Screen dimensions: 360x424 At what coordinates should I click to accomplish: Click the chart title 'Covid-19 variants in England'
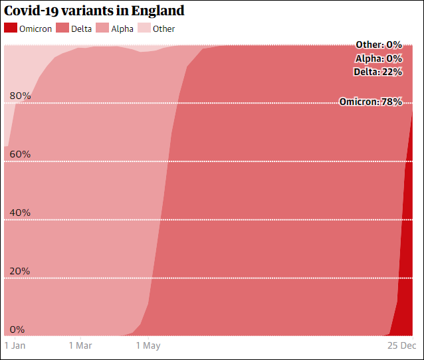point(94,11)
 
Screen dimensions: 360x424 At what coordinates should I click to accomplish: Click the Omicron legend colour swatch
point(11,29)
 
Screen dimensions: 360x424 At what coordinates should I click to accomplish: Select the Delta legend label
point(82,29)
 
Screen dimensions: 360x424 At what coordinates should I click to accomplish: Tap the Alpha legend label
point(122,29)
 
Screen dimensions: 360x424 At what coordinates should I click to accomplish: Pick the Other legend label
point(164,29)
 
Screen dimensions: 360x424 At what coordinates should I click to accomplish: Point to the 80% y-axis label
point(20,96)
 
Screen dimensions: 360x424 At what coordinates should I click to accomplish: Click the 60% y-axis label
point(20,154)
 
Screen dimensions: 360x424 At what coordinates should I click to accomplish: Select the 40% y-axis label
point(20,213)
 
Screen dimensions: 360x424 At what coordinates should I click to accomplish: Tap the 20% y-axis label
point(20,271)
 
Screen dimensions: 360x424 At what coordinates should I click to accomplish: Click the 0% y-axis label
point(17,329)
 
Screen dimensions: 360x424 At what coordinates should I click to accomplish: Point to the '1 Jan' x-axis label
point(15,345)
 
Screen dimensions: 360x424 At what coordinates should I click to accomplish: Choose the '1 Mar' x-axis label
point(80,345)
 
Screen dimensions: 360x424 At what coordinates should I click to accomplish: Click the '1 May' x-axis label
point(148,345)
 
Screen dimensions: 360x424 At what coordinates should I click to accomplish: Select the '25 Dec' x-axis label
point(402,345)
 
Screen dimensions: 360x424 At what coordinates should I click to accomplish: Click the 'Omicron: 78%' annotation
point(370,102)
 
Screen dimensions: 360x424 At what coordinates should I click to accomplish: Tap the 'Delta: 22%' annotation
point(377,72)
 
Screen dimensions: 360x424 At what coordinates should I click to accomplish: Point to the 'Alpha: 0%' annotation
point(378,58)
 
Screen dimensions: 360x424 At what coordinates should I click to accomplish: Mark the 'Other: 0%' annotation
point(378,45)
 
